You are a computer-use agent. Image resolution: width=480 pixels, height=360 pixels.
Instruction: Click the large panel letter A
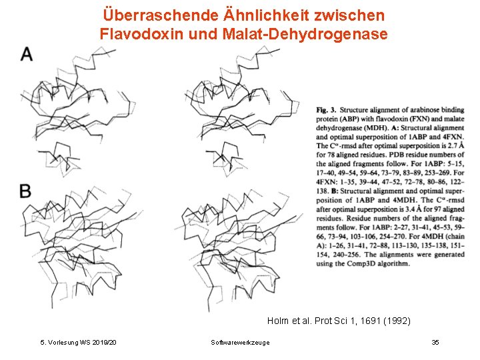[27, 54]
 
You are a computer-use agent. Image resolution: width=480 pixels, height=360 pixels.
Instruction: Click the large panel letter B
[25, 191]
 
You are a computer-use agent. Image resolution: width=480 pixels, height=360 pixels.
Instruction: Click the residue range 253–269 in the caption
[435, 173]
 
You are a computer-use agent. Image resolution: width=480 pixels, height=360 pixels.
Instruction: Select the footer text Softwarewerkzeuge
[240, 342]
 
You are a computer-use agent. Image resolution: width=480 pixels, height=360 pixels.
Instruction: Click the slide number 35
[435, 342]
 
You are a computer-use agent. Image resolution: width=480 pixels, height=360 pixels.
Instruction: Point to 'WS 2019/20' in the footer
[99, 342]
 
